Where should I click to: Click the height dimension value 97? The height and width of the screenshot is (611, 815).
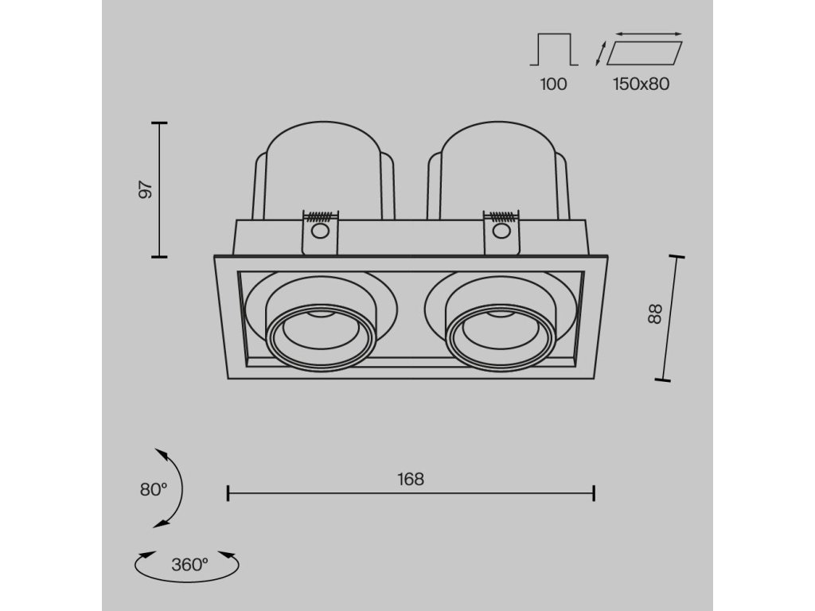tap(144, 190)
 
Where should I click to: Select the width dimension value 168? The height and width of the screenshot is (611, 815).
tap(411, 479)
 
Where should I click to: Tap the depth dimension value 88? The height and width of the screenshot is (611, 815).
tap(654, 314)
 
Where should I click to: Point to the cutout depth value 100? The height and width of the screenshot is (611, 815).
tap(553, 84)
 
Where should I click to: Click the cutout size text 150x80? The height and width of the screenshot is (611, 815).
tap(641, 84)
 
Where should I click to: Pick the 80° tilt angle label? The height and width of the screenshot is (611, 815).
tap(154, 489)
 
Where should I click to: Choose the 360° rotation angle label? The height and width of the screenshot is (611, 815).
tap(189, 565)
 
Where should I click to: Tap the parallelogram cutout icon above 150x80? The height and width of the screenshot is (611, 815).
tap(645, 53)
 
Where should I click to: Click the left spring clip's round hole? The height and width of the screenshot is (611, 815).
tap(320, 232)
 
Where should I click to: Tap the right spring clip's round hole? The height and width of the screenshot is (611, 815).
tap(501, 232)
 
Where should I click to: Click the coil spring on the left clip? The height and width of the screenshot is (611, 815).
tap(320, 216)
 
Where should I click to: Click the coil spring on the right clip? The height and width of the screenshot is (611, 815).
tap(501, 216)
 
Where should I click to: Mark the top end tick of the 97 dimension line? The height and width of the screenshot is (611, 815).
tap(159, 123)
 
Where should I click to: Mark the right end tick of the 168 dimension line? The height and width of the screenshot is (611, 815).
tap(594, 493)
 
